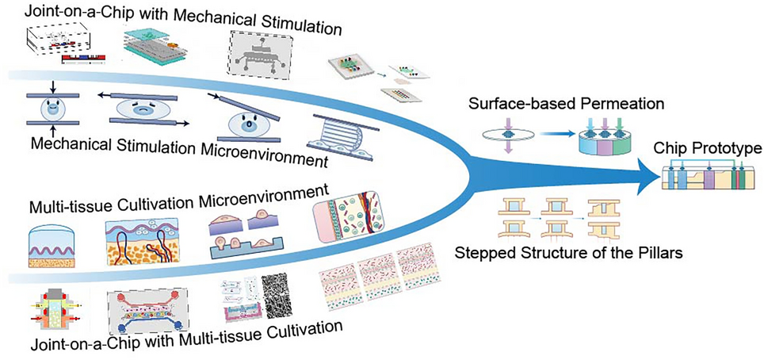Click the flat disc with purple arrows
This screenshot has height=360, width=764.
[x=508, y=136]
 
